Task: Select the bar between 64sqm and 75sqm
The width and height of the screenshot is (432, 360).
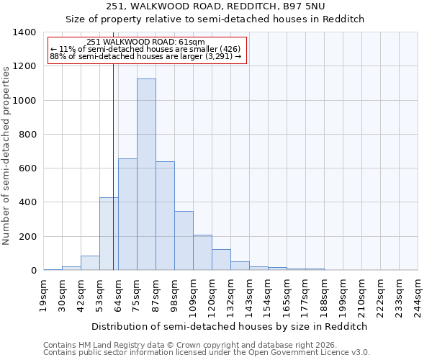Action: pyautogui.click(x=127, y=215)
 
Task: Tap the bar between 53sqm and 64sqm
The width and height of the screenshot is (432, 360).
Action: pyautogui.click(x=109, y=234)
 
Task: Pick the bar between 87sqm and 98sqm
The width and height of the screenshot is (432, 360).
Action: pyautogui.click(x=165, y=216)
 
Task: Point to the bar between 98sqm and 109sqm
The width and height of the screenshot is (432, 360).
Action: pyautogui.click(x=184, y=241)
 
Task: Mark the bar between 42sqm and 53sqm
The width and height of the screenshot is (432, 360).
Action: pyautogui.click(x=90, y=264)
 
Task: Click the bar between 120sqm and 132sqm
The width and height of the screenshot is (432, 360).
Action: pyautogui.click(x=221, y=260)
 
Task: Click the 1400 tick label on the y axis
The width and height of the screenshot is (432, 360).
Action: pyautogui.click(x=24, y=32)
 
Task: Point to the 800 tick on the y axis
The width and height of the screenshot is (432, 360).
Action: pyautogui.click(x=27, y=135)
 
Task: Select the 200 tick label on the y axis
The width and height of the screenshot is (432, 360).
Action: pyautogui.click(x=27, y=237)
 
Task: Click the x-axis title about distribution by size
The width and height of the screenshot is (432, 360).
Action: pyautogui.click(x=230, y=326)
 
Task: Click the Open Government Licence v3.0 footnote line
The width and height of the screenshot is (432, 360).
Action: pyautogui.click(x=207, y=352)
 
